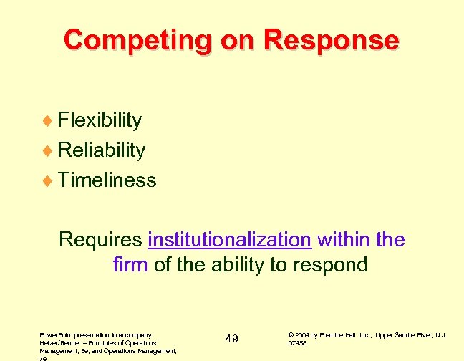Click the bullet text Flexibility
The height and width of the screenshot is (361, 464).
[100, 120]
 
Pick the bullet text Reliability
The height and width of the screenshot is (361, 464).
[102, 150]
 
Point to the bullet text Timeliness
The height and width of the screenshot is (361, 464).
[107, 180]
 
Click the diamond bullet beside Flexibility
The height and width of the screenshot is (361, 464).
[49, 120]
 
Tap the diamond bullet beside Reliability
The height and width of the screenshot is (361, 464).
[49, 150]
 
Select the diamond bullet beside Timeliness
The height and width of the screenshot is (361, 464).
[49, 180]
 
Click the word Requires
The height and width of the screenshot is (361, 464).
[101, 239]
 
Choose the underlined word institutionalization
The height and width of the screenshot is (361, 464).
[229, 239]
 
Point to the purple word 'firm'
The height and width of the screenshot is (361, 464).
[130, 265]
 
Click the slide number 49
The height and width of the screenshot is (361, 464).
[231, 338]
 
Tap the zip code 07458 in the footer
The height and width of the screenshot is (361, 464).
[297, 342]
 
